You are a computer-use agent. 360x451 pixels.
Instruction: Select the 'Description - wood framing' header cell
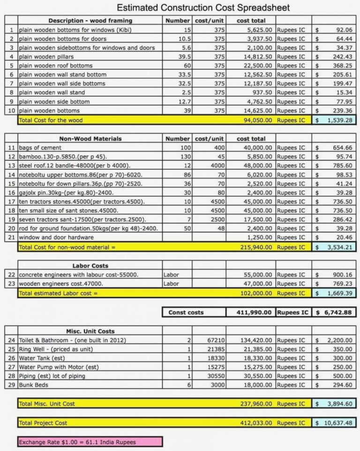pyautogui.click(x=90, y=21)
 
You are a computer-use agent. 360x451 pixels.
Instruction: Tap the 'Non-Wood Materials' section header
pyautogui.click(x=90, y=139)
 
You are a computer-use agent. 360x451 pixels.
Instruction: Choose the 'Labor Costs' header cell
pyautogui.click(x=90, y=266)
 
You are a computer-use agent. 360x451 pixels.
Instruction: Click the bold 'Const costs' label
pyautogui.click(x=186, y=312)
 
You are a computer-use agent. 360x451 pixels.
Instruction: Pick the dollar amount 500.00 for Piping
pyautogui.click(x=343, y=376)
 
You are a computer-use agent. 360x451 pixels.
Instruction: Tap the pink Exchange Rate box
pyautogui.click(x=90, y=442)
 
